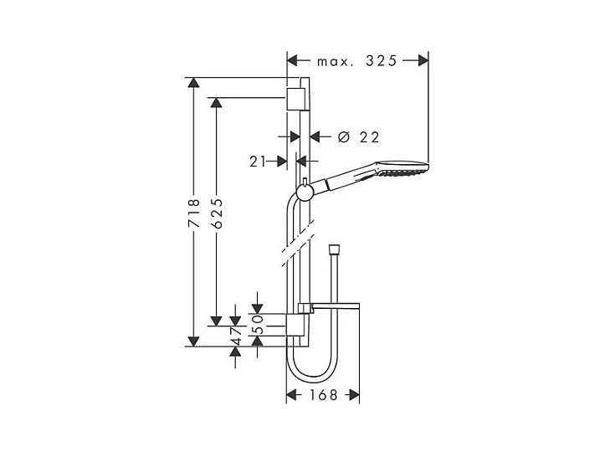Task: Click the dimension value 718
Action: [x=194, y=213]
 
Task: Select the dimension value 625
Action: [x=217, y=213]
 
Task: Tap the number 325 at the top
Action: [x=382, y=61]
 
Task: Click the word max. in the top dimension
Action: [x=336, y=61]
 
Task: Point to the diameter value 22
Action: [x=369, y=137]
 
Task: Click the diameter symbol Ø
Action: [x=344, y=137]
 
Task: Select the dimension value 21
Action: [x=257, y=162]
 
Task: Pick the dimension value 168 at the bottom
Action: [x=323, y=395]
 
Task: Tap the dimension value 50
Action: [x=258, y=324]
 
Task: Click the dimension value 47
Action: [x=236, y=336]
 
